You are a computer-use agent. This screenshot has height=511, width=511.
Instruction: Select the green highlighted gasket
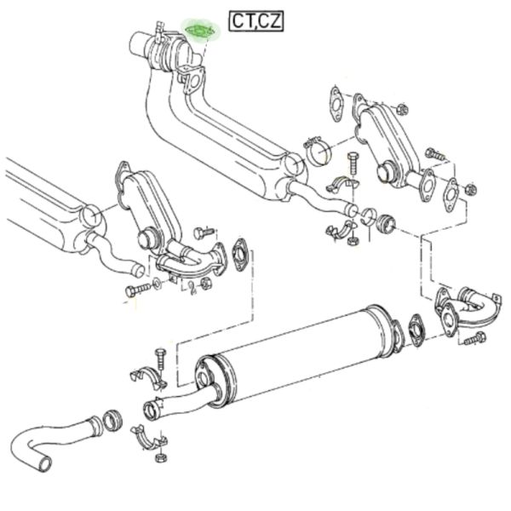(201, 32)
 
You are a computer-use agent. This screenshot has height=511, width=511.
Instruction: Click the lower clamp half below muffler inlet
(148, 439)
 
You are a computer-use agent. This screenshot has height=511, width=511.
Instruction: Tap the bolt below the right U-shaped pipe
(474, 338)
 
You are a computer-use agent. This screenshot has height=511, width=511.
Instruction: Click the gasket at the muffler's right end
(416, 330)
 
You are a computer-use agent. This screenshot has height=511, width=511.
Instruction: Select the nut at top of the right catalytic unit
(402, 109)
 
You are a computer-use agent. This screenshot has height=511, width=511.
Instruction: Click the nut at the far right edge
(471, 189)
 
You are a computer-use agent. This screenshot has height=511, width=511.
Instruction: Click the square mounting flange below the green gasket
(193, 81)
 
